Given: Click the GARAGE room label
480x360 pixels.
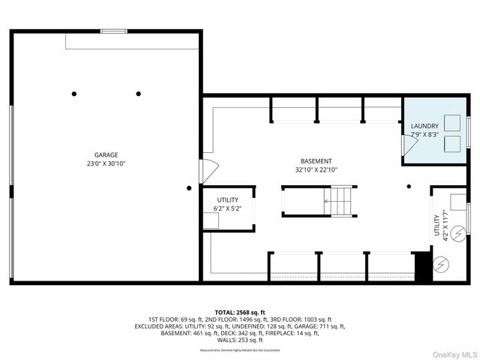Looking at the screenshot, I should [106, 154].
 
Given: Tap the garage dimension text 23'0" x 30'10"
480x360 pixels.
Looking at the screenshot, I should [106, 163].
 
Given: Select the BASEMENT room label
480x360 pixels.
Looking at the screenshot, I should [316, 161].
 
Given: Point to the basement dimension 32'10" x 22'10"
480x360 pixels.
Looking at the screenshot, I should [316, 170].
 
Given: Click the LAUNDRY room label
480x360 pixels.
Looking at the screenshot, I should [424, 126].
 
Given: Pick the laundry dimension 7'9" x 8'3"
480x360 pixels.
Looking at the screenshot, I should [424, 135].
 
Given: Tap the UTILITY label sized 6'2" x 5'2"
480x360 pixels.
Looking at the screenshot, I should [228, 199].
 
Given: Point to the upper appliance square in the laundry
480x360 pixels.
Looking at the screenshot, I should [453, 122].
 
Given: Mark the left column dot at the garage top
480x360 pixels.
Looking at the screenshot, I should [74, 94].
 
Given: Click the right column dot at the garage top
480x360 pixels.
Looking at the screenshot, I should [139, 94].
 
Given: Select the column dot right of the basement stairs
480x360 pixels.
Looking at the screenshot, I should [409, 187].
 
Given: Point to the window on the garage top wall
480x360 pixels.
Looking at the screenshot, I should [114, 31].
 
